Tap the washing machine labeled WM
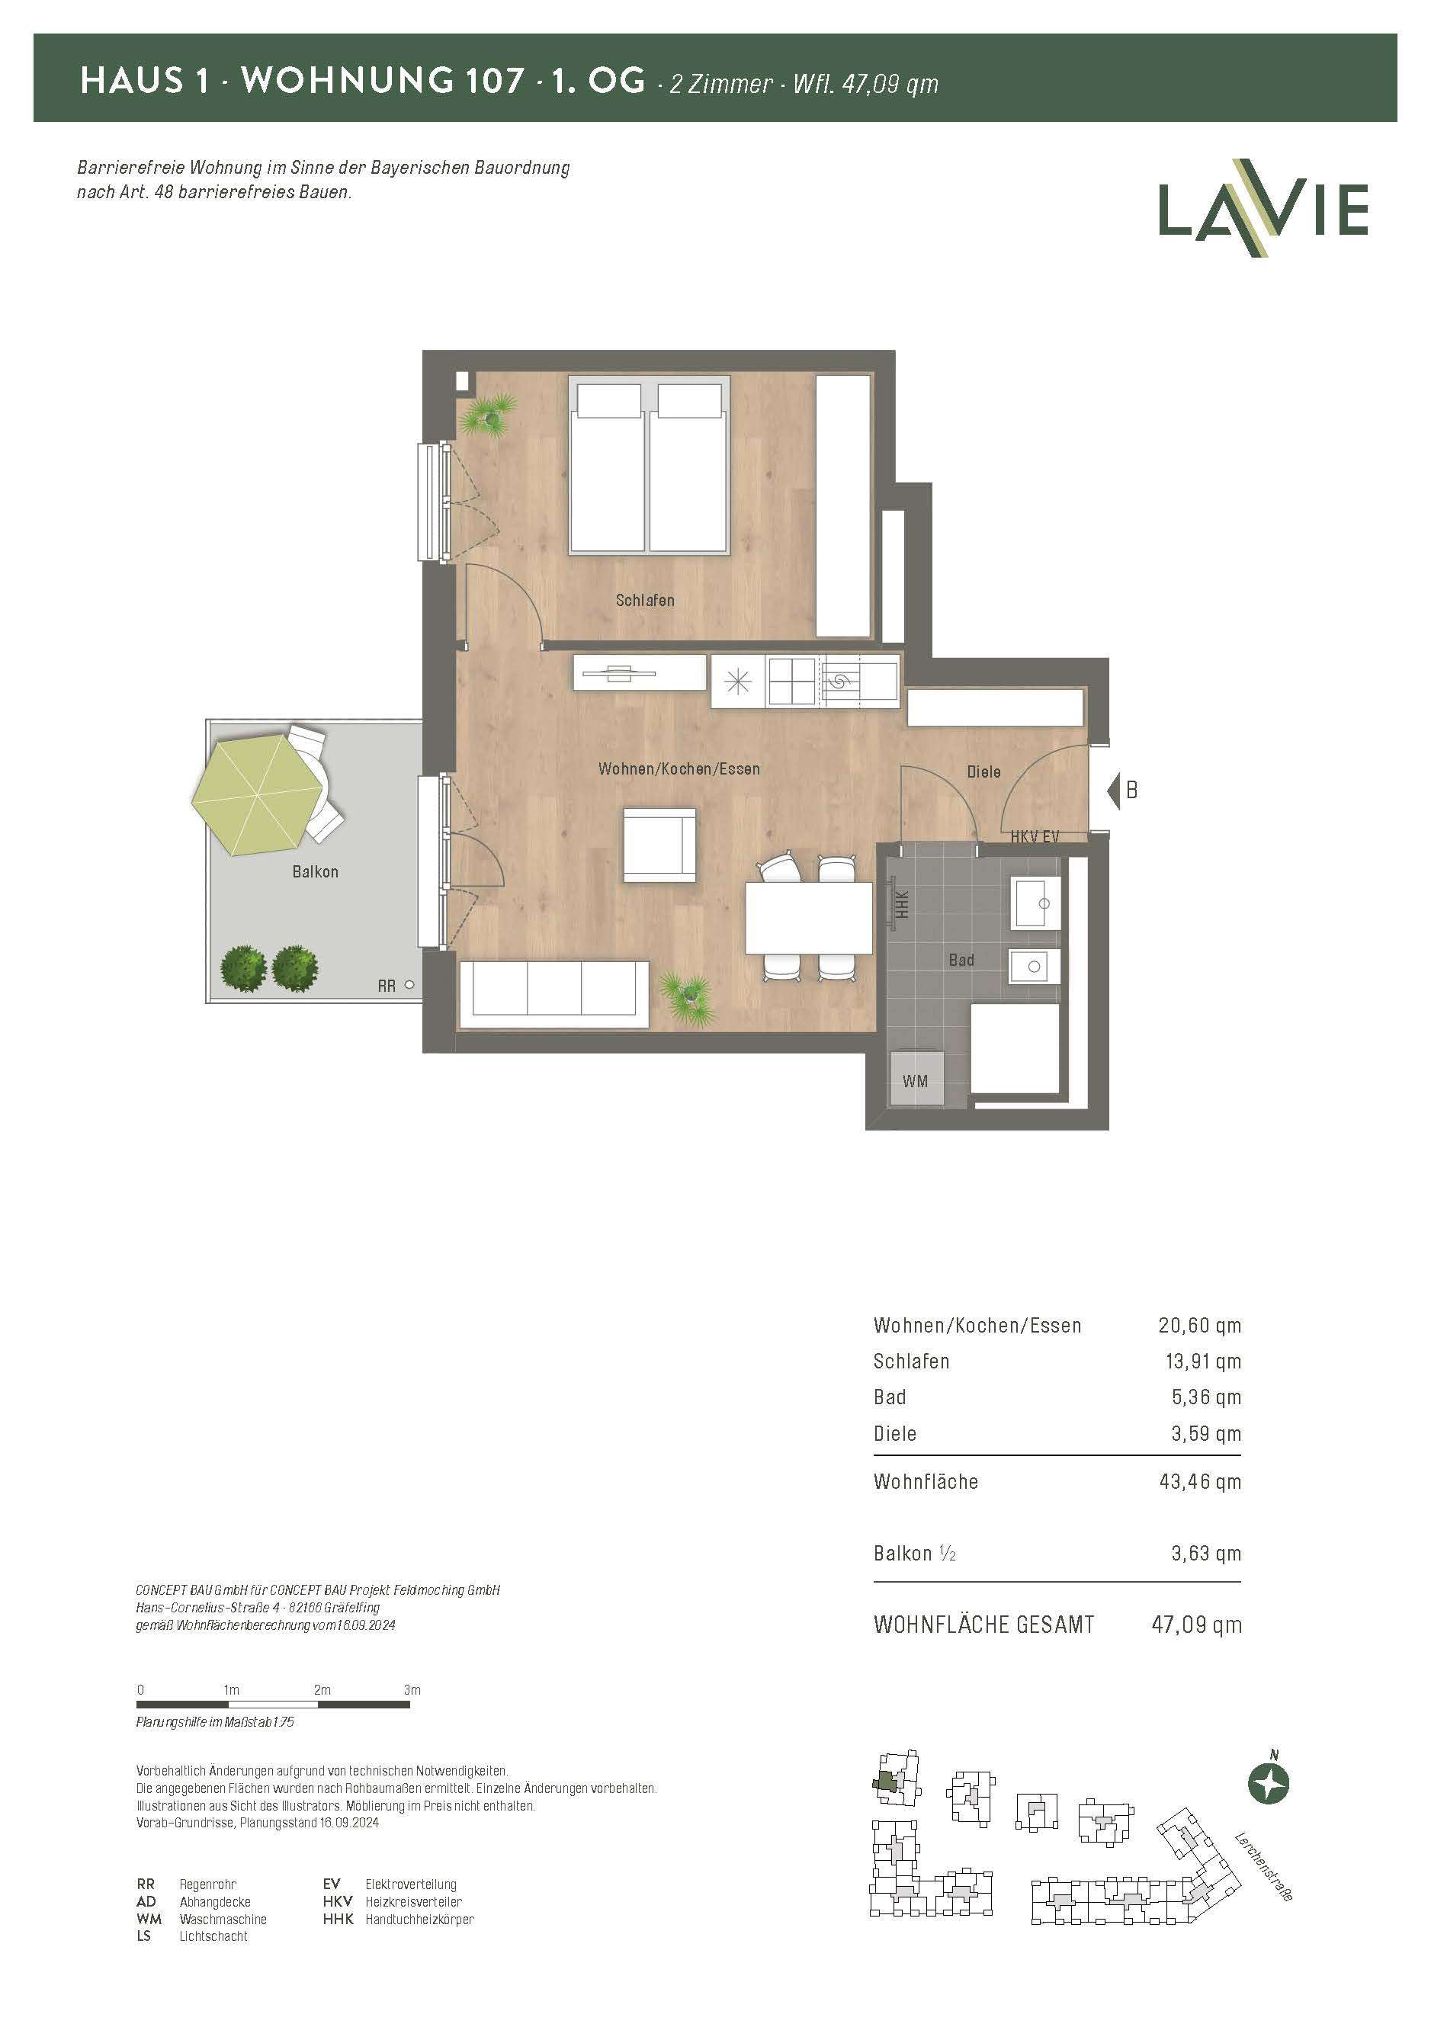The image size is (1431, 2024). [915, 1080]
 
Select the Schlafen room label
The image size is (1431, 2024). [644, 600]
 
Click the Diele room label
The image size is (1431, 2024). [983, 771]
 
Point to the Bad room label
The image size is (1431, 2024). [961, 959]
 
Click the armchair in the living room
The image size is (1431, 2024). [659, 845]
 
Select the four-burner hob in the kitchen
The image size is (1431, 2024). [792, 681]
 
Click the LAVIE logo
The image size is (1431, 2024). [1263, 208]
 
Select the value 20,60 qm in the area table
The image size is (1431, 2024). [1199, 1325]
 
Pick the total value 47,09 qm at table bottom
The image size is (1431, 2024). [1196, 1625]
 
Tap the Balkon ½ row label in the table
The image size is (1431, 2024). [914, 1554]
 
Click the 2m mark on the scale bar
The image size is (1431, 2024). [322, 1690]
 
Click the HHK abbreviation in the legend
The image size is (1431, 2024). [338, 1918]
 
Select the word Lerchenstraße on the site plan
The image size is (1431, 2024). [1263, 1866]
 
